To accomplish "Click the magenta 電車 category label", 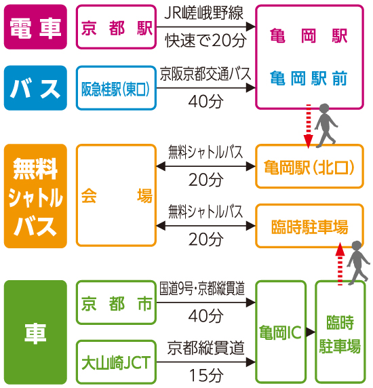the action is click(x=35, y=26).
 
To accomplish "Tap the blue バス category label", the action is click(x=35, y=88).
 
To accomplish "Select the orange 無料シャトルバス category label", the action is click(x=35, y=196).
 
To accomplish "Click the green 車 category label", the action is click(x=35, y=332).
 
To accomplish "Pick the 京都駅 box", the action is click(x=116, y=26).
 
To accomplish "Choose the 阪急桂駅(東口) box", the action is click(x=116, y=88).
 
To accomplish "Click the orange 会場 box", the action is click(x=116, y=195).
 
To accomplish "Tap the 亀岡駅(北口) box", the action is click(x=309, y=166).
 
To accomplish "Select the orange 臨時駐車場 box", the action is click(x=309, y=226).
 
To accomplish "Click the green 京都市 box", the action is click(x=116, y=303).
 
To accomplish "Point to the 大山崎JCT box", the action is click(x=116, y=362).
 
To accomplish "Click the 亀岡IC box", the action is click(x=281, y=332).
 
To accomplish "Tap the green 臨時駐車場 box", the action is click(x=340, y=332).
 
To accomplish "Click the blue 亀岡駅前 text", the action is click(x=309, y=78).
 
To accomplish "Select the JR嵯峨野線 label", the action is click(x=204, y=13).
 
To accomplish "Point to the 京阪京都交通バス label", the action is click(x=205, y=74).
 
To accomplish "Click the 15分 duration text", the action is click(x=206, y=375).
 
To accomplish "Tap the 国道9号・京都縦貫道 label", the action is click(x=202, y=288).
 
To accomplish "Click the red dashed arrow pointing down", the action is click(x=309, y=126).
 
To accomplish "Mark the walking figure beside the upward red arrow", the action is click(x=358, y=263).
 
